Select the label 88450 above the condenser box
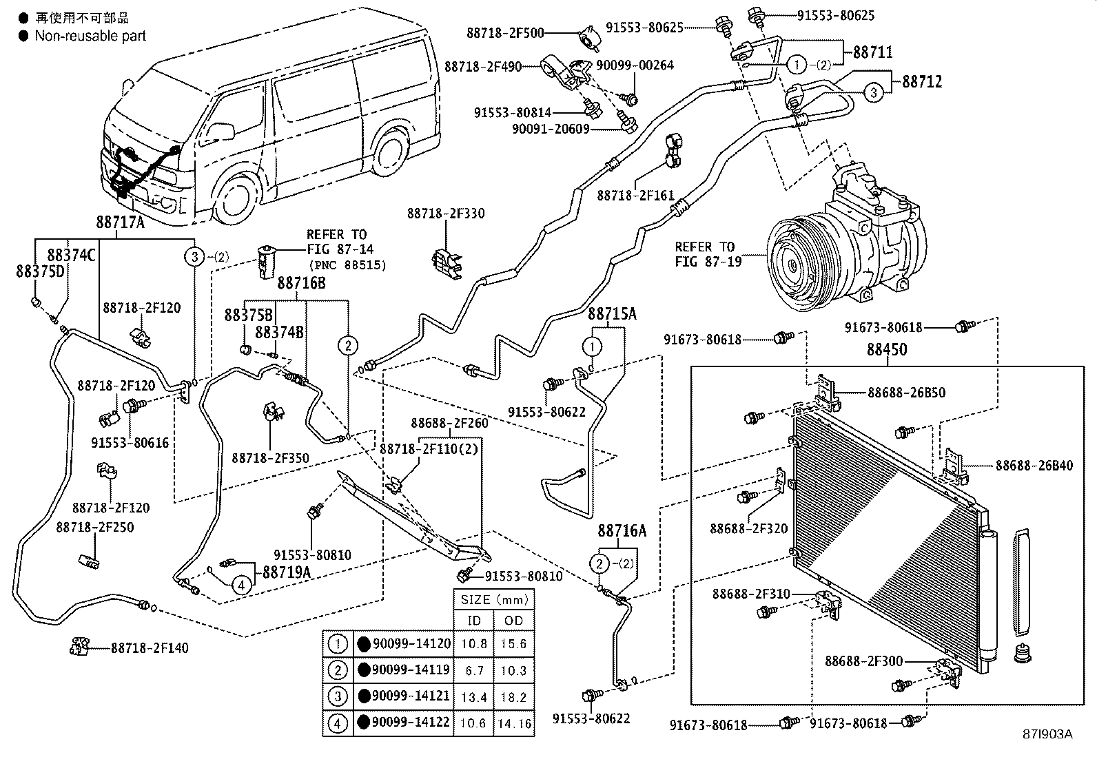[x=887, y=350]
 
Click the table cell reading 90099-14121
[x=411, y=696]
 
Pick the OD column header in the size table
[x=513, y=621]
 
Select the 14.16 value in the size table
[x=513, y=723]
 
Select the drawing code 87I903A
[x=1047, y=734]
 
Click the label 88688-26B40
[x=1034, y=466]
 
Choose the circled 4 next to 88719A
[x=241, y=585]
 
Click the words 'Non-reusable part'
[x=90, y=36]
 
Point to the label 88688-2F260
[x=449, y=423]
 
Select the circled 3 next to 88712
[x=872, y=92]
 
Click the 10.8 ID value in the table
[x=474, y=644]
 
